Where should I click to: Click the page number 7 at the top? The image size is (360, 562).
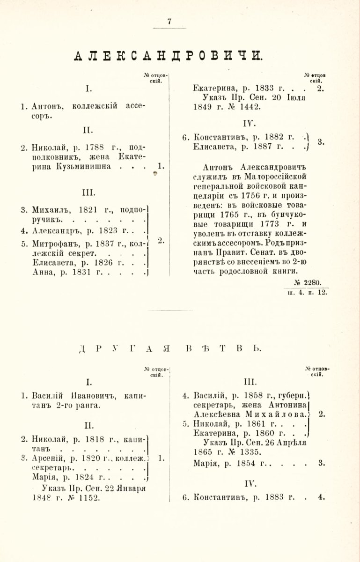click(x=169, y=21)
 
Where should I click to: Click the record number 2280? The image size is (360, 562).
click(x=312, y=282)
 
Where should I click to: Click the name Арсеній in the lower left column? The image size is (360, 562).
click(x=49, y=458)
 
